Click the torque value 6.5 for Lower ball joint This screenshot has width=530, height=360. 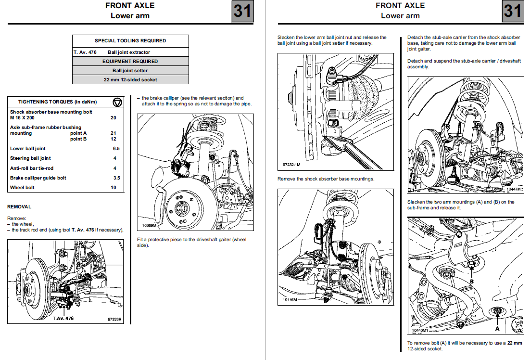[116, 149]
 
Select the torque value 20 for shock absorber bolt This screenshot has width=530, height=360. [114, 118]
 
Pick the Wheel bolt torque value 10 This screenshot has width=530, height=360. [114, 187]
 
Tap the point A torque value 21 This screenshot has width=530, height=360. [114, 133]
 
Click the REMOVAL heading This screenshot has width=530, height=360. [19, 206]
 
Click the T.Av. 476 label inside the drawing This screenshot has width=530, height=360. [63, 318]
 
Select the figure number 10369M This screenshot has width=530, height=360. [151, 225]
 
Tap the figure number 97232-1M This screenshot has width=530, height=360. [291, 165]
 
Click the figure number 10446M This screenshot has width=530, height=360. [290, 299]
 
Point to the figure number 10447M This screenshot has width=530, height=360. [513, 190]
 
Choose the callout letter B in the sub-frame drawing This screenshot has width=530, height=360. [472, 282]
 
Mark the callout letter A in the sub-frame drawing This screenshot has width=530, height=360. [497, 328]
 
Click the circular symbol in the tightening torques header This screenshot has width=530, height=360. [117, 102]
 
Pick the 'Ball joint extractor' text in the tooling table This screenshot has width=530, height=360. [129, 52]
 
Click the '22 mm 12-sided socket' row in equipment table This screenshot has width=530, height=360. [130, 79]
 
